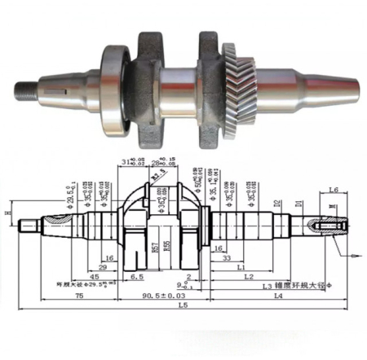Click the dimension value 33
click(224, 258)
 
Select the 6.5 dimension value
click(137, 277)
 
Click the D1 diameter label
click(298, 199)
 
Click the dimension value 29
click(104, 267)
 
